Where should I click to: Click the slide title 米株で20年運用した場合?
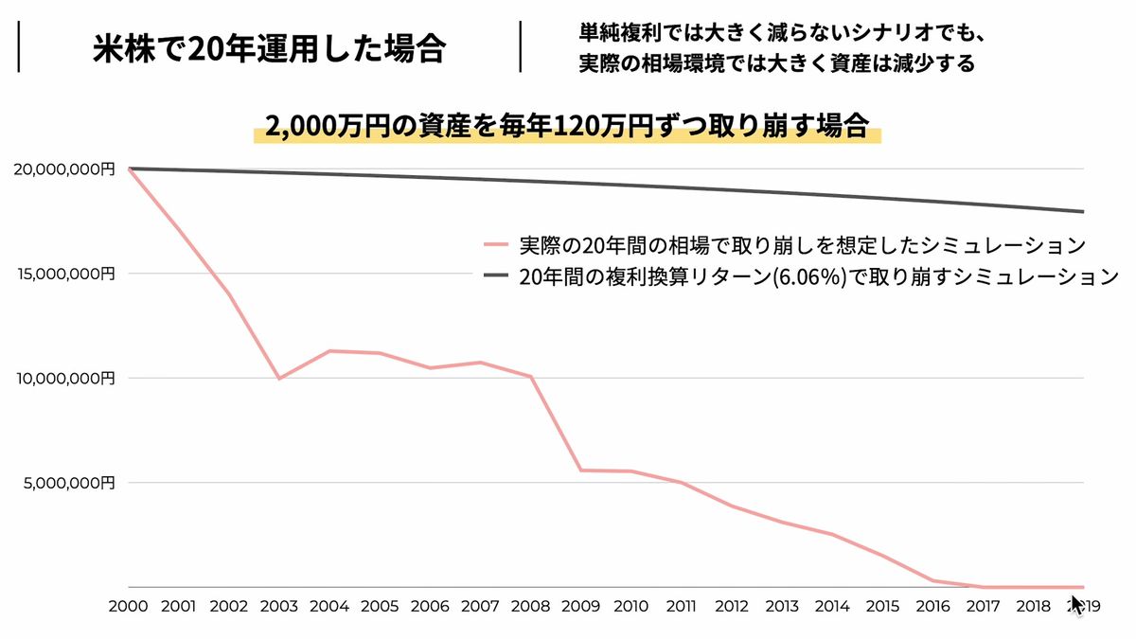pyautogui.click(x=269, y=48)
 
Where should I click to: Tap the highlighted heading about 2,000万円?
pyautogui.click(x=567, y=127)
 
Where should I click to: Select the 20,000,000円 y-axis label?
pyautogui.click(x=64, y=169)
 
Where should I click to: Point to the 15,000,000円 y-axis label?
pyautogui.click(x=64, y=274)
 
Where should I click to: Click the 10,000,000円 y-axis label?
pyautogui.click(x=64, y=378)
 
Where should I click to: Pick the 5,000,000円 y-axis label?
pyautogui.click(x=68, y=483)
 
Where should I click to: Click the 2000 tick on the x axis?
pyautogui.click(x=128, y=607)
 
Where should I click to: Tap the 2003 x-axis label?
pyautogui.click(x=278, y=607)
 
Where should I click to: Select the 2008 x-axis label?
pyautogui.click(x=530, y=607)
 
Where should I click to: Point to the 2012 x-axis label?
pyautogui.click(x=732, y=607)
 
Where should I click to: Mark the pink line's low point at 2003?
pyautogui.click(x=278, y=379)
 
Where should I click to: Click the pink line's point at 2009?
pyautogui.click(x=580, y=470)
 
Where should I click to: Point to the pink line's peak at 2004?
pyautogui.click(x=328, y=351)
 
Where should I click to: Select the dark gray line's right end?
pyautogui.click(x=1082, y=211)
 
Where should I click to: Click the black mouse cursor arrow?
pyautogui.click(x=1076, y=604)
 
